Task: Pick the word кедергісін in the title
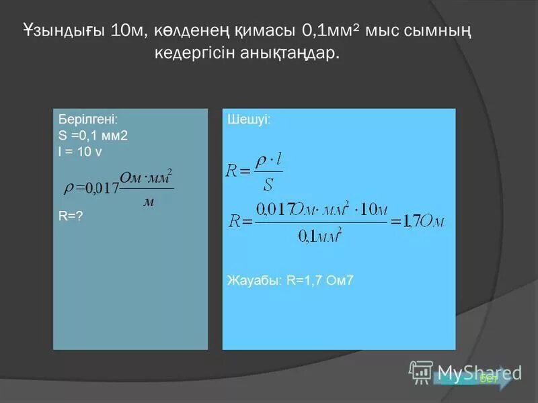coord(195,53)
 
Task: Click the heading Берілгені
coord(88,118)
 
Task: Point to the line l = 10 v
coord(81,152)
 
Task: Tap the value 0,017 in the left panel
coord(101,188)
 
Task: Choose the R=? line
coord(71,216)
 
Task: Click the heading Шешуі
coord(250,120)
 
